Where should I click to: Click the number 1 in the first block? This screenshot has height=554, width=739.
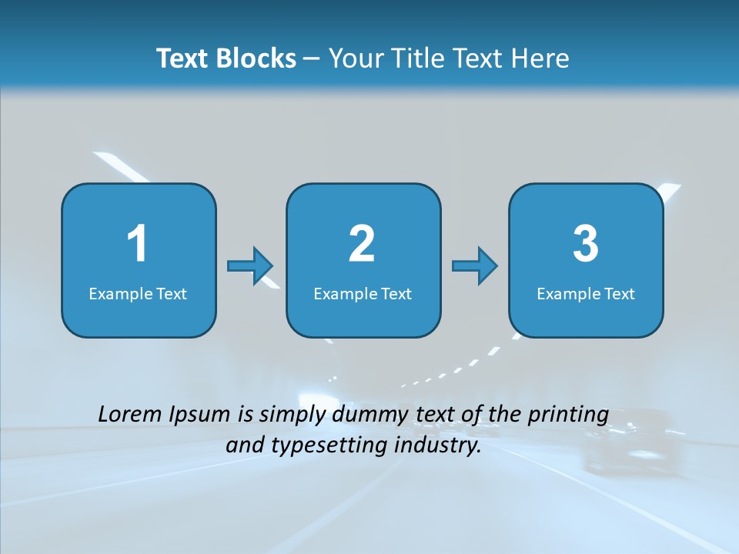click(x=137, y=244)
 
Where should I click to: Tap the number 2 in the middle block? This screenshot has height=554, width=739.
click(x=362, y=244)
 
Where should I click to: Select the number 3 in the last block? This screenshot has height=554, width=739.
click(x=586, y=244)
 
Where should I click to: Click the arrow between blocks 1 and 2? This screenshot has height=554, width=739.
click(x=250, y=266)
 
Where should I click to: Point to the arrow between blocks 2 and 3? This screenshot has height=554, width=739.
click(x=475, y=266)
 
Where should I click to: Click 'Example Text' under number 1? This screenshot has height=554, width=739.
click(x=138, y=294)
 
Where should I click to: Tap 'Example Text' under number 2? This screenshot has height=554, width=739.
click(x=363, y=294)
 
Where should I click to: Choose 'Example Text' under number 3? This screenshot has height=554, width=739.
click(x=586, y=294)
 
